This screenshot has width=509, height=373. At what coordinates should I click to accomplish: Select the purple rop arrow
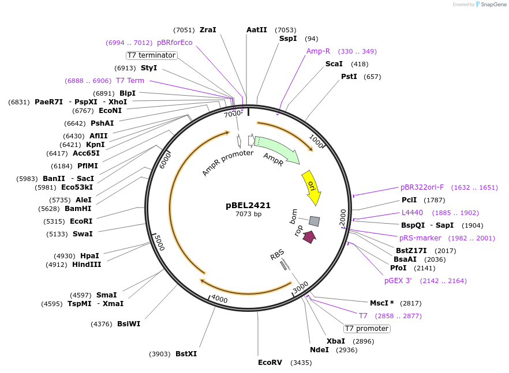pos(310,236)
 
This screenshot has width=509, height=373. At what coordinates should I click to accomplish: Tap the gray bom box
pos(315,221)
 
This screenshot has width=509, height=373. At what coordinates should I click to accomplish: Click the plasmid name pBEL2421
pos(248,205)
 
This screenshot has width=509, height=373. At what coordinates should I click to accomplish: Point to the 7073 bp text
pos(248,214)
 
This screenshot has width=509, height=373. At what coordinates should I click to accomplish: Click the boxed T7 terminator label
pos(152,55)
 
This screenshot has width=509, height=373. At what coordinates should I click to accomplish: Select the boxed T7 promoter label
pos(366,329)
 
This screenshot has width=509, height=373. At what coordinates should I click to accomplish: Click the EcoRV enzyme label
pos(270,363)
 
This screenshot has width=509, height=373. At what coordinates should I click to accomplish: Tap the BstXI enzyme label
pos(186,354)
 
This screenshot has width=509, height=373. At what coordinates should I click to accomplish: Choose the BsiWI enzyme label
pos(129,324)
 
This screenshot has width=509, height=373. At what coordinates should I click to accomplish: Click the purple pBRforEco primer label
pos(174,43)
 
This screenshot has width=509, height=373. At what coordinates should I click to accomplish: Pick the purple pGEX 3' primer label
pos(398,281)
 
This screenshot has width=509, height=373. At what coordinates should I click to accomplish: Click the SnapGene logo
pos(491,4)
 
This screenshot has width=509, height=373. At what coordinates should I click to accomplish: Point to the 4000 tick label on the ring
pos(220,299)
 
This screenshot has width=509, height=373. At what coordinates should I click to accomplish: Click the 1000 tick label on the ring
pos(316,140)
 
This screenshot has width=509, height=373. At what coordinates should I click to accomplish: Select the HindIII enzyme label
pos(87,265)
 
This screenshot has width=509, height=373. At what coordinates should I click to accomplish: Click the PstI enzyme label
pos(349,77)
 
